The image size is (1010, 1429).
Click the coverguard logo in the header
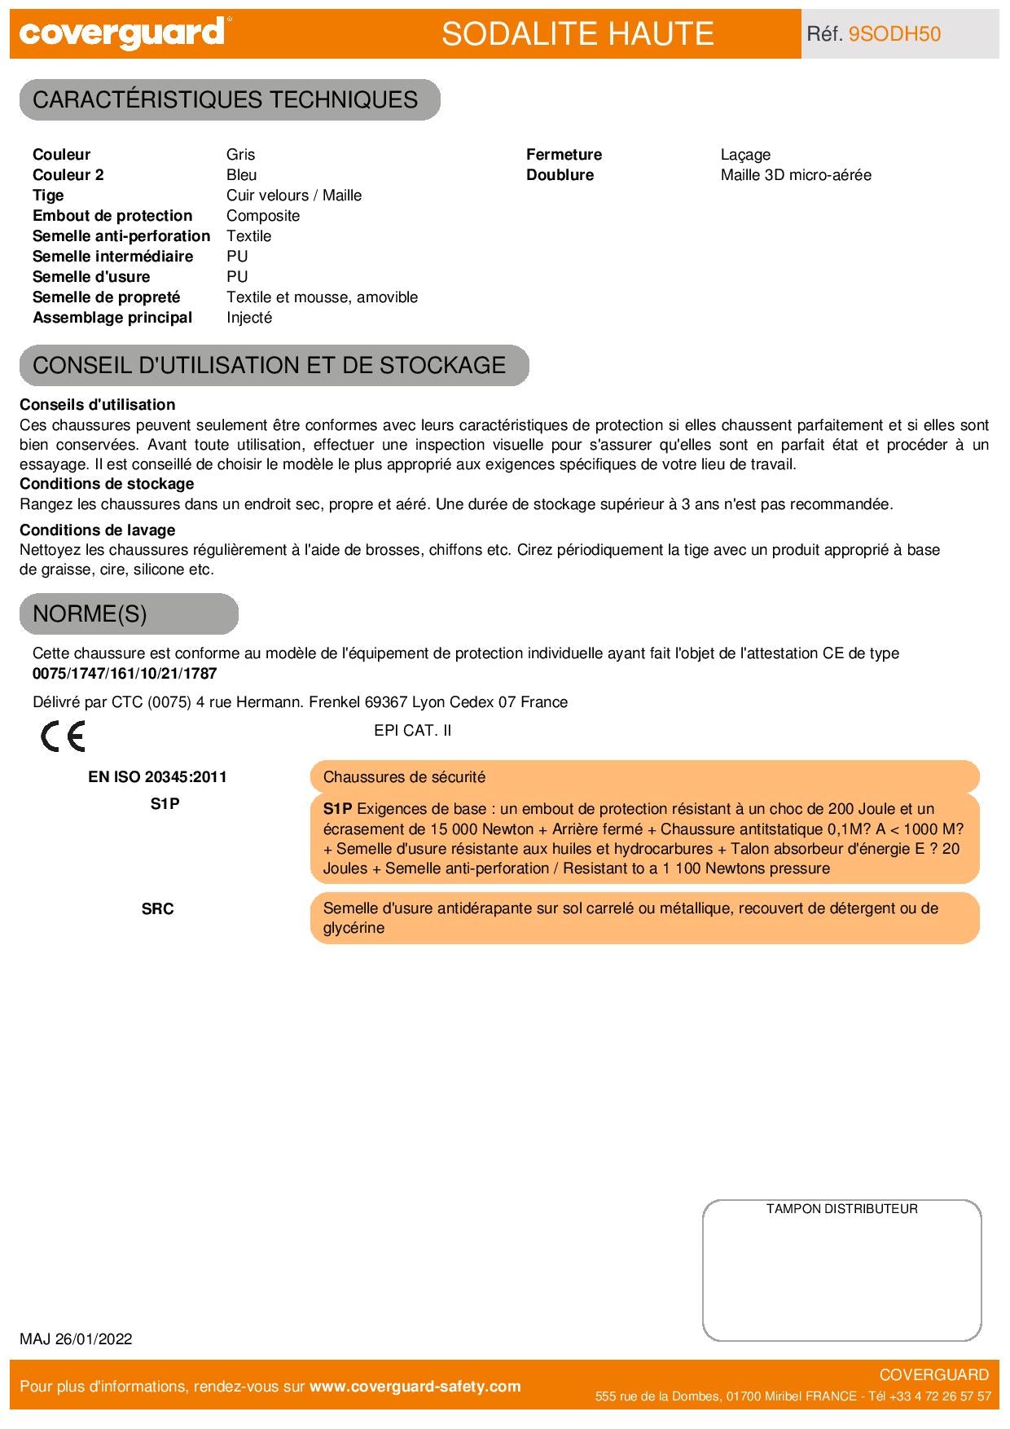122,33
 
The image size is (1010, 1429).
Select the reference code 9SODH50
894,33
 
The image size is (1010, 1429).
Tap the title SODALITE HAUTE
577,33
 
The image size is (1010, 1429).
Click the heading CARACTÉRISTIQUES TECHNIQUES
226,99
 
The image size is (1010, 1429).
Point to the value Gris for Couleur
241,155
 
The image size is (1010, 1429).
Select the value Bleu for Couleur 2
242,175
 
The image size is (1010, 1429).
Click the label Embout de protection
112,216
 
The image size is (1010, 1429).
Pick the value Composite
263,216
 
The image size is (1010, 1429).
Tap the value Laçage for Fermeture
745,155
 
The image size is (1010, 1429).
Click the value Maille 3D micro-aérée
796,175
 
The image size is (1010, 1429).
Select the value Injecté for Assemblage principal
249,318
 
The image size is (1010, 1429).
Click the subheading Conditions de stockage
107,484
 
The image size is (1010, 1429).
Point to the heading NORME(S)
90,613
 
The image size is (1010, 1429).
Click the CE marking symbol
63,736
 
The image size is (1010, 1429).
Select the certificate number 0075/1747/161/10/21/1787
125,674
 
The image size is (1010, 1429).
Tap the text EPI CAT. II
412,731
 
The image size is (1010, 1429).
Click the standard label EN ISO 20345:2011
157,777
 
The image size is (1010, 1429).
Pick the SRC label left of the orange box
157,909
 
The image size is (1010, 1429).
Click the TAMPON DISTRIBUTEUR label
841,1209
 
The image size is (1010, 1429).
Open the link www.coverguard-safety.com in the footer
415,1387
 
